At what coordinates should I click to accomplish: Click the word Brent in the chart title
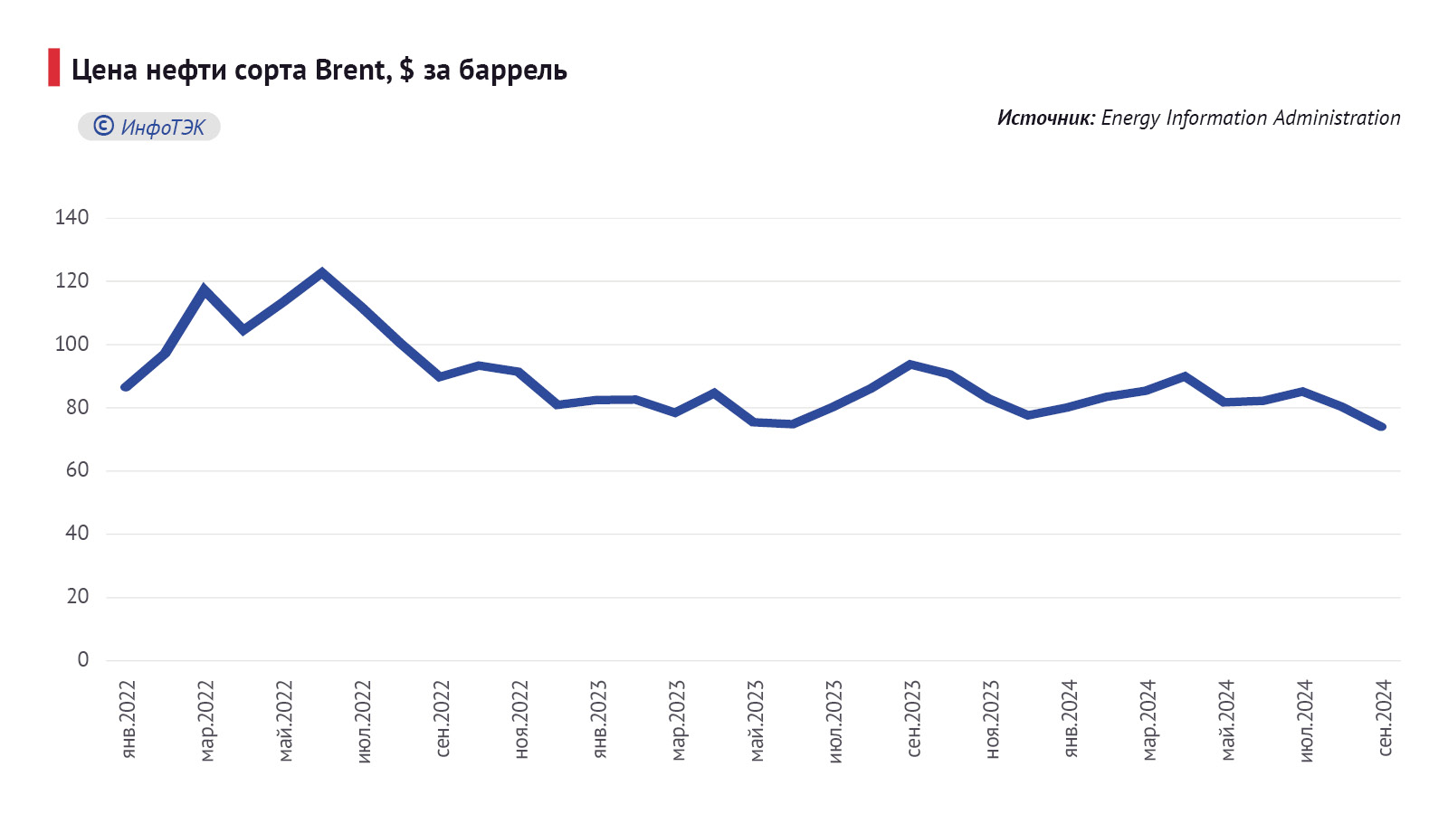click(x=351, y=70)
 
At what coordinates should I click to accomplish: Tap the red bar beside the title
click(x=54, y=68)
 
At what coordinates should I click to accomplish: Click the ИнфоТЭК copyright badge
click(x=149, y=127)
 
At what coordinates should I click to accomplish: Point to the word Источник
click(x=1045, y=118)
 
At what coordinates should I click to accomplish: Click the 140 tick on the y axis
click(x=71, y=217)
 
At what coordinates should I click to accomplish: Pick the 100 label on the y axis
click(x=71, y=344)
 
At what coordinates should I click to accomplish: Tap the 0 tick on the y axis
click(x=83, y=659)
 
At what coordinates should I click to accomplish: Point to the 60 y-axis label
click(x=77, y=469)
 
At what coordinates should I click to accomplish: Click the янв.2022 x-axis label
click(x=128, y=720)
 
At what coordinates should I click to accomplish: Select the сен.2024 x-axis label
click(x=1384, y=718)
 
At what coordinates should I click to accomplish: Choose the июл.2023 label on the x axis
click(x=834, y=721)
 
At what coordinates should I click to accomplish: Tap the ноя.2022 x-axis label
click(x=520, y=720)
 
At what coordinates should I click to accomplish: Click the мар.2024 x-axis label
click(x=1148, y=721)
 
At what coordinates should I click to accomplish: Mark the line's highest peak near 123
click(x=321, y=271)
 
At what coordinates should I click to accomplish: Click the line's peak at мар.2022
click(x=205, y=289)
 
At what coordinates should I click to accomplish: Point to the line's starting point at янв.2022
click(x=126, y=387)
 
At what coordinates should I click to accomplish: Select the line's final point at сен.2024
click(x=1381, y=427)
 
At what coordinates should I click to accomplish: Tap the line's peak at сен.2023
click(x=910, y=364)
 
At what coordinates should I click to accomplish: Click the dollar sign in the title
click(x=406, y=70)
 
